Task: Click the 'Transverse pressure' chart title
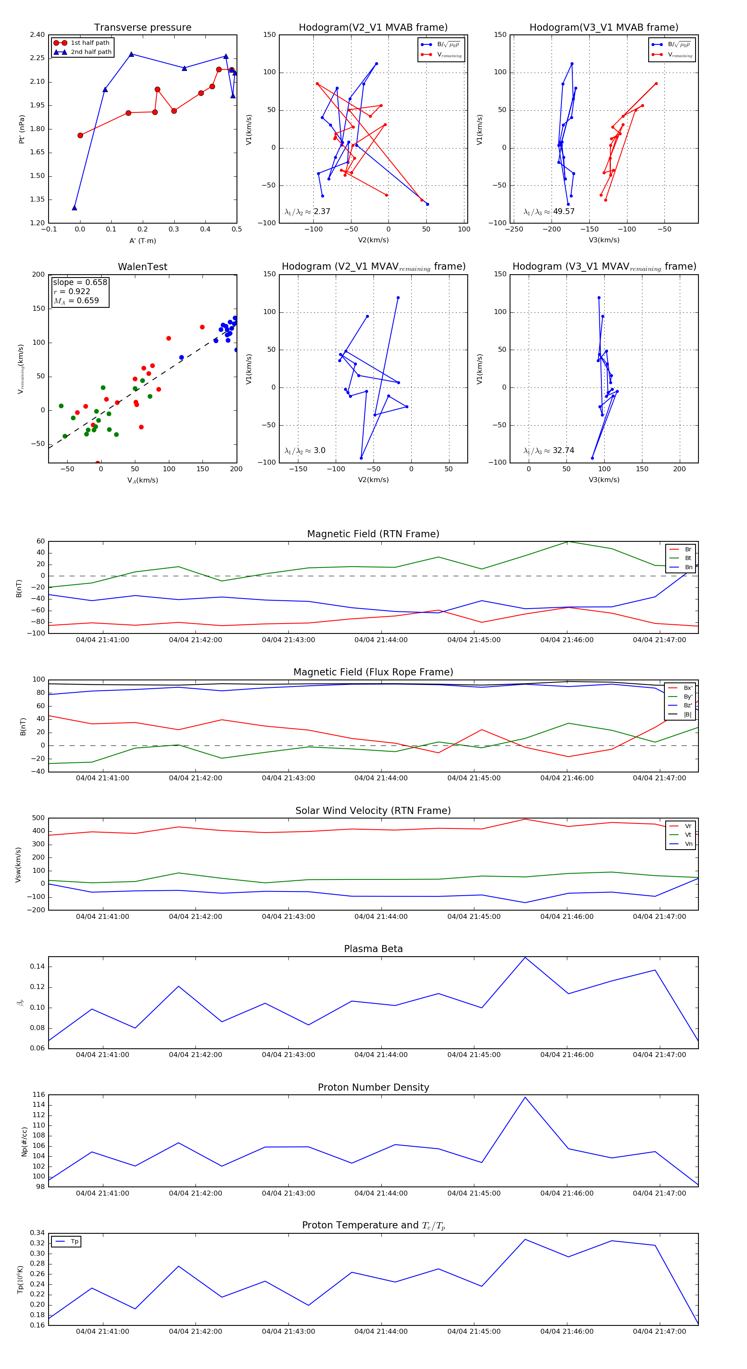click(x=142, y=28)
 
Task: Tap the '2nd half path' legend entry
click(x=91, y=52)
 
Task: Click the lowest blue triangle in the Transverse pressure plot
click(x=74, y=208)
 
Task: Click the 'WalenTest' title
click(x=142, y=267)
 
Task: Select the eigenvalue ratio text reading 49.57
click(x=564, y=212)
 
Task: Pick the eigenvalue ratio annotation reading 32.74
click(x=563, y=451)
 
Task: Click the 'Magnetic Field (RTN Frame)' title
click(x=373, y=534)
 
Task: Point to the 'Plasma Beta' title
click(x=373, y=949)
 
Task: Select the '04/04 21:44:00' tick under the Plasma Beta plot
click(x=381, y=1055)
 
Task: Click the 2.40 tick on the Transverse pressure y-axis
click(x=37, y=35)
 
